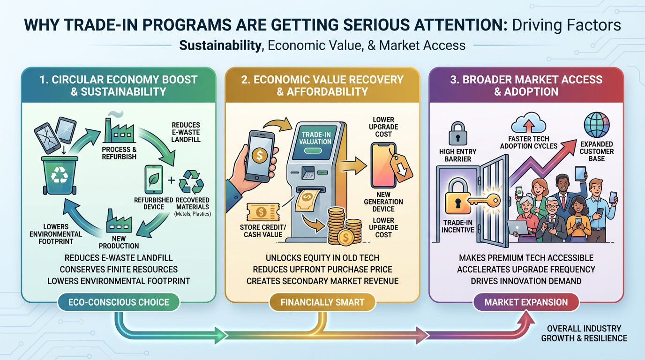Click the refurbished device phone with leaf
(x=154, y=180)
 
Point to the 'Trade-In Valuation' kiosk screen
(x=315, y=142)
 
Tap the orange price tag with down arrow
(x=401, y=168)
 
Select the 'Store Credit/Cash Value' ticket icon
(x=263, y=212)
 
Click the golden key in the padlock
(x=484, y=201)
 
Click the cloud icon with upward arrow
(x=528, y=123)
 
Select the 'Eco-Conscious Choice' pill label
(x=119, y=302)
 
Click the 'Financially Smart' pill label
(x=322, y=302)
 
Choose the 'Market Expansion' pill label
(x=526, y=302)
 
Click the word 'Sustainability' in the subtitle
(x=220, y=45)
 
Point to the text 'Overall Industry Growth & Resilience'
(x=584, y=333)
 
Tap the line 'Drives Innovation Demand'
(x=526, y=281)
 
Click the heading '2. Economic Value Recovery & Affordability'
(x=322, y=85)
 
